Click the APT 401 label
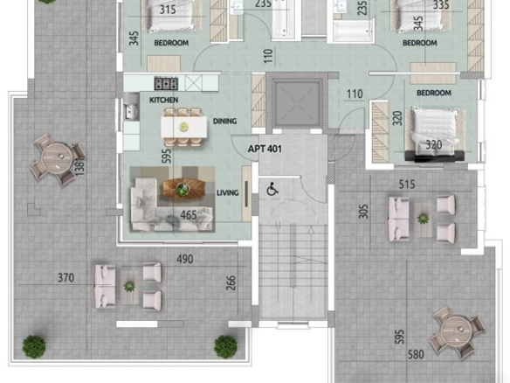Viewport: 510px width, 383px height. pos(265,149)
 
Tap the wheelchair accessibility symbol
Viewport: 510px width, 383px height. pos(272,189)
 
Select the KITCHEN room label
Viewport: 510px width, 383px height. pos(163,100)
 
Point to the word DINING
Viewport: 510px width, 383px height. pos(224,122)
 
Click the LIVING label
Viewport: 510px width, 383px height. pos(228,192)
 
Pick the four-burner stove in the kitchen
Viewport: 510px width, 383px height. pos(166,83)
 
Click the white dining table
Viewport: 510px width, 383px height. pos(184,127)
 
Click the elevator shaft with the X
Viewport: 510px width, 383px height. pos(296,103)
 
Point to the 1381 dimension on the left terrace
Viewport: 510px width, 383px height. pos(80,166)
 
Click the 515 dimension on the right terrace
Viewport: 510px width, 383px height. pos(407,185)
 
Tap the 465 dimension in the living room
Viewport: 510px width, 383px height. pos(189,215)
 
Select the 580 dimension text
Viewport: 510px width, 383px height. pos(416,354)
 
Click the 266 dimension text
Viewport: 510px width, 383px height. pos(231,283)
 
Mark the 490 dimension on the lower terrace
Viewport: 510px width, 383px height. pos(185,259)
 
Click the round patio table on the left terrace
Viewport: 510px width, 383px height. pos(58,158)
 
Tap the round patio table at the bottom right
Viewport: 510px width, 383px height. pos(458,332)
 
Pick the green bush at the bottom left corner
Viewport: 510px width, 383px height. pos(34,347)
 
